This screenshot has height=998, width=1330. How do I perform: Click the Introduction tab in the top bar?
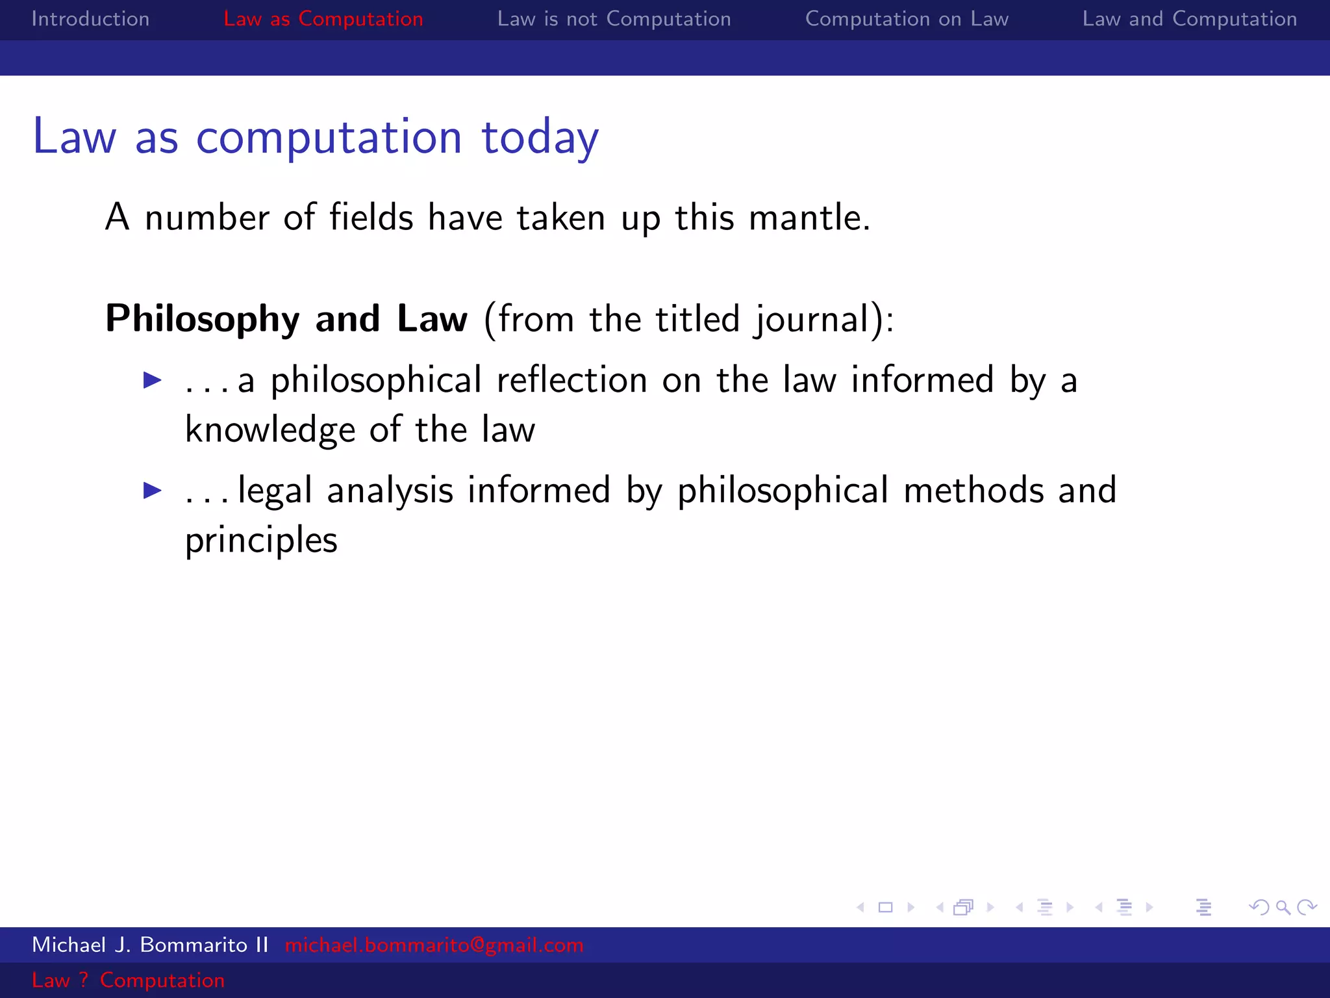pos(90,19)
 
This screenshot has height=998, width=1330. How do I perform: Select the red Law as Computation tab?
pos(323,19)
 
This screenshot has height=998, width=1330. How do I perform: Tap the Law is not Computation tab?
pos(614,19)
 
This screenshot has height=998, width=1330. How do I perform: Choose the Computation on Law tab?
pos(907,19)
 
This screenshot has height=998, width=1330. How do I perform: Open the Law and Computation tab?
pos(1189,19)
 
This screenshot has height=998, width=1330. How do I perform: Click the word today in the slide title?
pos(540,138)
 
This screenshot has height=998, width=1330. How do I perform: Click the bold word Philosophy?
pos(203,318)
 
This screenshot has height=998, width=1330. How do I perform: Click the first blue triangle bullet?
pos(153,380)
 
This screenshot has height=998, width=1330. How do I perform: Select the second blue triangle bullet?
pos(153,490)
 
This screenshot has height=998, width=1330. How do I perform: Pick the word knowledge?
pos(270,430)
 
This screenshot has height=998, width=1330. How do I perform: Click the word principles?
pos(261,541)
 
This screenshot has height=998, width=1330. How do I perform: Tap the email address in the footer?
pos(434,945)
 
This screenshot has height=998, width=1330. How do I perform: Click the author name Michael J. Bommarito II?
pos(150,945)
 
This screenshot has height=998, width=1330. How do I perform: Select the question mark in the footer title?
pos(83,980)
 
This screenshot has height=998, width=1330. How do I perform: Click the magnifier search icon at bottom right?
pos(1283,907)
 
